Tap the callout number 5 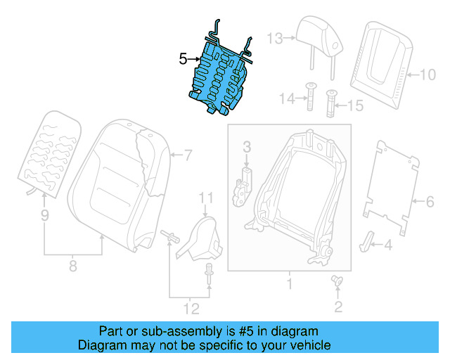click(183, 60)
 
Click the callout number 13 click(274, 38)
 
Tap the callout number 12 click(191, 308)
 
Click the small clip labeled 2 click(336, 282)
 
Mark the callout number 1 click(288, 285)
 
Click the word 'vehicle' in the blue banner click(307, 345)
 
